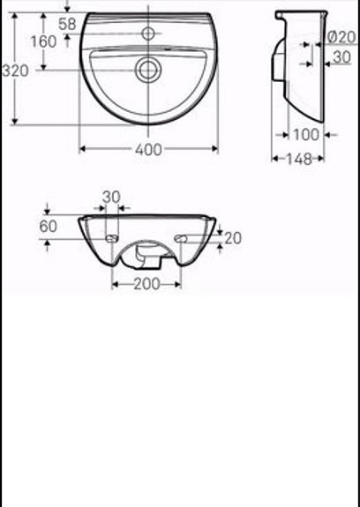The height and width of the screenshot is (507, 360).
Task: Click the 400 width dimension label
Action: [x=149, y=150]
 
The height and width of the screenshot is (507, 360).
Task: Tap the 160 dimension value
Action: [x=43, y=41]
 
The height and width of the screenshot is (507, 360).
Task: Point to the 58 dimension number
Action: [x=67, y=24]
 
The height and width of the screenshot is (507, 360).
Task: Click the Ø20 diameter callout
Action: [x=340, y=37]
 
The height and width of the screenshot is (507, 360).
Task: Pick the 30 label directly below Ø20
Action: [x=341, y=56]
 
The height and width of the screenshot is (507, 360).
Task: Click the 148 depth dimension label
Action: [x=296, y=159]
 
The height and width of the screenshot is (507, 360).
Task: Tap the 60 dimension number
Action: [x=49, y=227]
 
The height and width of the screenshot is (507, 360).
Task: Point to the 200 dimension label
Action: [x=146, y=284]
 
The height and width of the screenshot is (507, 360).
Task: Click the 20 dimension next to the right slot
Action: [x=232, y=237]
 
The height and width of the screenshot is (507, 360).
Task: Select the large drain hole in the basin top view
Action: [x=146, y=68]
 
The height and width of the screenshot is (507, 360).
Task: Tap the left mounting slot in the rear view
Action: [x=111, y=238]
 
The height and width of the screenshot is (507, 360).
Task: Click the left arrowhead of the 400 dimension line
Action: [x=83, y=149]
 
